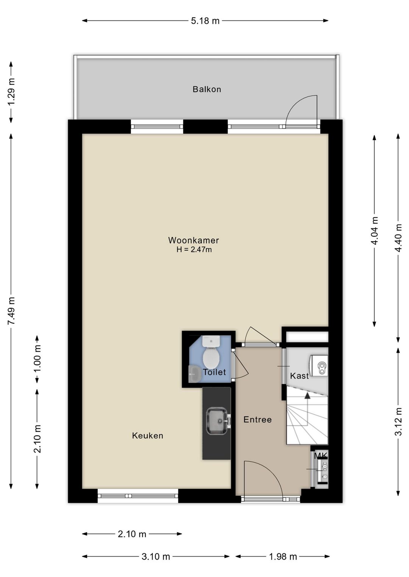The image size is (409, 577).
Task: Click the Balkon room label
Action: pyautogui.click(x=207, y=89)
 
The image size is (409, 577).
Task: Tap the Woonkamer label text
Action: pyautogui.click(x=194, y=240)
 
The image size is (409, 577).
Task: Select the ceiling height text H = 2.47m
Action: pyautogui.click(x=194, y=249)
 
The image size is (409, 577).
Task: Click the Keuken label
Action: pyautogui.click(x=148, y=436)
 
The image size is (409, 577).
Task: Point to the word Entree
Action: pyautogui.click(x=258, y=420)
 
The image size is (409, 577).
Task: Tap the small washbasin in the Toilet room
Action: pyautogui.click(x=195, y=374)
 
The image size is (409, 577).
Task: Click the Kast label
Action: pyautogui.click(x=299, y=376)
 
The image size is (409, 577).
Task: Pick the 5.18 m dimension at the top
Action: pyautogui.click(x=205, y=20)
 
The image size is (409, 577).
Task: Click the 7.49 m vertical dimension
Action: pyautogui.click(x=11, y=311)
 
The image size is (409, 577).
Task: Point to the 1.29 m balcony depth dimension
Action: pyautogui.click(x=11, y=92)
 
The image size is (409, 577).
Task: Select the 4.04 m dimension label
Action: pyautogui.click(x=375, y=231)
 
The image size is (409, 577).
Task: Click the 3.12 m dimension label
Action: pyautogui.click(x=399, y=421)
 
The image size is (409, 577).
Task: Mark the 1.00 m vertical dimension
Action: pyautogui.click(x=37, y=359)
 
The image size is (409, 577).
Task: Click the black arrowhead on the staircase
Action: pyautogui.click(x=307, y=396)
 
